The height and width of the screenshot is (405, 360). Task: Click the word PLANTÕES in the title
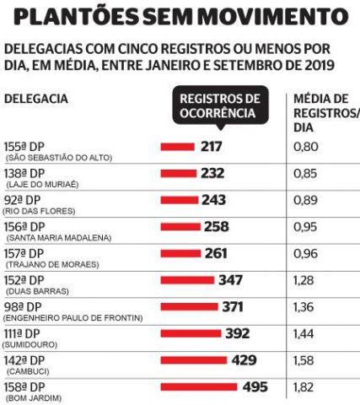pyautogui.click(x=76, y=16)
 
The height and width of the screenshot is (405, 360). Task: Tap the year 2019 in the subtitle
pyautogui.click(x=319, y=65)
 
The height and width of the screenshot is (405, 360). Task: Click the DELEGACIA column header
pyautogui.click(x=36, y=99)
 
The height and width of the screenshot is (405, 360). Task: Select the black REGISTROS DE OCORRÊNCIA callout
pyautogui.click(x=221, y=106)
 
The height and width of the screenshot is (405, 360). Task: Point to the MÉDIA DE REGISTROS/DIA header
pyautogui.click(x=326, y=113)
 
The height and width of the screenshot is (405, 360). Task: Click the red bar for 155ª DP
pyautogui.click(x=178, y=147)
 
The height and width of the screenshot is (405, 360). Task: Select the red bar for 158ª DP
pyautogui.click(x=199, y=387)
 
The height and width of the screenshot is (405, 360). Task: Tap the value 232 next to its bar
pyautogui.click(x=212, y=173)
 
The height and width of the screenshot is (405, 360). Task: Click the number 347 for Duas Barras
pyautogui.click(x=230, y=280)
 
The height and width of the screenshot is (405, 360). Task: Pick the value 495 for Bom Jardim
pyautogui.click(x=255, y=387)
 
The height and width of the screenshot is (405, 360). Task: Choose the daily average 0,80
pyautogui.click(x=306, y=147)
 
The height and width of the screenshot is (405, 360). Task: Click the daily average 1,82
pyautogui.click(x=303, y=387)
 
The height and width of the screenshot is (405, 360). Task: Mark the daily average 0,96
pyautogui.click(x=305, y=254)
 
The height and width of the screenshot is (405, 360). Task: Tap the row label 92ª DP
pyautogui.click(x=23, y=200)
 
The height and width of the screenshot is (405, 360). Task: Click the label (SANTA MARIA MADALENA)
pyautogui.click(x=59, y=238)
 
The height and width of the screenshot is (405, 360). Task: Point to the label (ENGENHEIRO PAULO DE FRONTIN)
pyautogui.click(x=73, y=318)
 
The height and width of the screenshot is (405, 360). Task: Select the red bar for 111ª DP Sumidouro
pyautogui.click(x=191, y=333)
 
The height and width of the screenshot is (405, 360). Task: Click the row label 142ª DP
pyautogui.click(x=24, y=360)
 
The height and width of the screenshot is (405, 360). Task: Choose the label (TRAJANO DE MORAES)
pyautogui.click(x=52, y=265)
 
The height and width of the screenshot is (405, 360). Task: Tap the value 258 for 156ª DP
pyautogui.click(x=217, y=227)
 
